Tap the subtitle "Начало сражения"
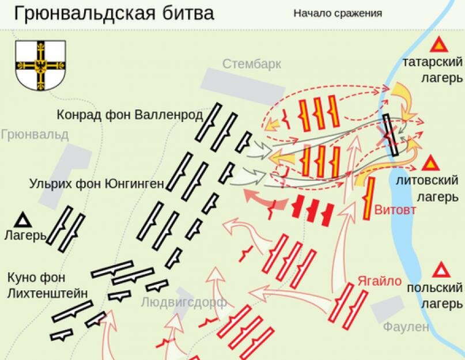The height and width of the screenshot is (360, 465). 337,13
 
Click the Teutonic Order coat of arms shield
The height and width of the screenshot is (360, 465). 39,64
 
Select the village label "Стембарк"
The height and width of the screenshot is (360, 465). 252,63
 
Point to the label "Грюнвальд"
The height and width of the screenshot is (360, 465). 35,135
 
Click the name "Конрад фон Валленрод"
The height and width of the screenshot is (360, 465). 130,115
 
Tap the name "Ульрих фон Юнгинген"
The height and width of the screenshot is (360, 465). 97,184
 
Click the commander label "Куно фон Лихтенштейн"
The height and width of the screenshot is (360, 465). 47,285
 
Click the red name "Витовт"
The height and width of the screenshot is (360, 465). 395,209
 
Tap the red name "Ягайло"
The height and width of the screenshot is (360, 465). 378,281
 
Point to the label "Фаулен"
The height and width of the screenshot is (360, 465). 406,327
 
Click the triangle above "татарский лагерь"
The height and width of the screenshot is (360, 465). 439,44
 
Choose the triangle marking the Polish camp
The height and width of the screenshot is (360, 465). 441,270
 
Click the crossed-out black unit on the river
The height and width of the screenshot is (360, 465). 391,135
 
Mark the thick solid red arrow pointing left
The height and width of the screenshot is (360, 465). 259,199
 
